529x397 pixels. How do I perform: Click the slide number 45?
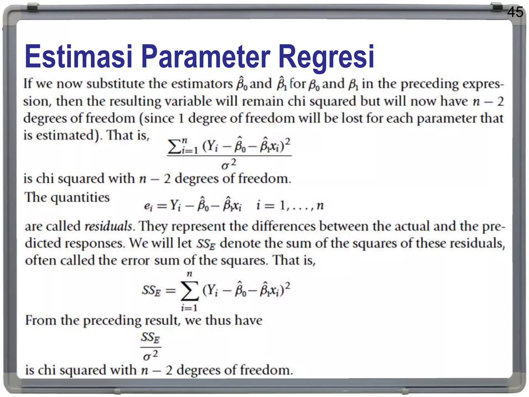[x=515, y=12]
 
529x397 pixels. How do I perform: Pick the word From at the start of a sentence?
[x=40, y=320]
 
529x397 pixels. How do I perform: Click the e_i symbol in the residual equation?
[x=148, y=206]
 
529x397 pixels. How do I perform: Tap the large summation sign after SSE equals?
[x=190, y=291]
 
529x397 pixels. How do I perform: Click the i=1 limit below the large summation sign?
[x=189, y=308]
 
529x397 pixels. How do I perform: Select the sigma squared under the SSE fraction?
[x=151, y=356]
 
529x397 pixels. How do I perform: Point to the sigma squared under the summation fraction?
[x=229, y=164]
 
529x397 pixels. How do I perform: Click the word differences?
[x=284, y=226]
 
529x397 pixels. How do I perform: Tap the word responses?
[x=95, y=243]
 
